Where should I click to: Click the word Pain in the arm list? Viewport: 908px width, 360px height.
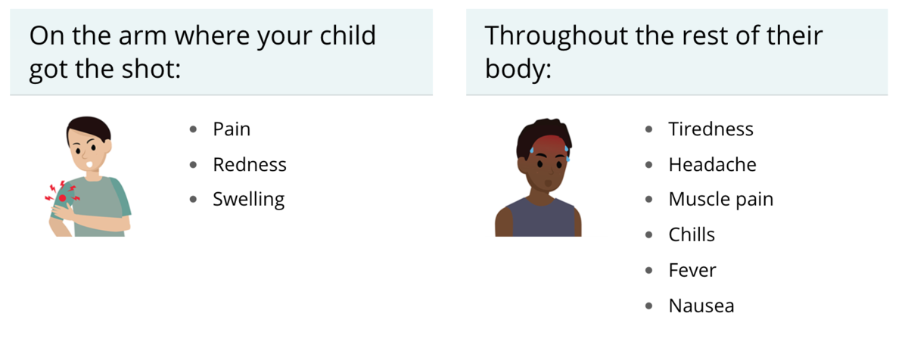[x=232, y=129]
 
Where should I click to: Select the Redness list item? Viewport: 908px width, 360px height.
[x=250, y=164]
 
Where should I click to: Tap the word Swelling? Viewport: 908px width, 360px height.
[x=248, y=200]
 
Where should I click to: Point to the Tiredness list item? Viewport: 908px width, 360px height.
[x=711, y=129]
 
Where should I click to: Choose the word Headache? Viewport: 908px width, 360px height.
[x=712, y=164]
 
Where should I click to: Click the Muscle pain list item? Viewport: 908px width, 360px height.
[x=720, y=200]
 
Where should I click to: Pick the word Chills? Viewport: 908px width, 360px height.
[x=692, y=234]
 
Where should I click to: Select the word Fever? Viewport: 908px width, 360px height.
[x=692, y=270]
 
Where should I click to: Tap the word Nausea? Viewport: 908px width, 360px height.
[x=701, y=306]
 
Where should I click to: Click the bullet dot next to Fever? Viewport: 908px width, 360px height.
[x=648, y=270]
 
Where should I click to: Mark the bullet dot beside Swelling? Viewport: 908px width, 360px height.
[x=193, y=199]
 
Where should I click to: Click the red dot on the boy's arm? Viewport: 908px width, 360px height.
[x=62, y=198]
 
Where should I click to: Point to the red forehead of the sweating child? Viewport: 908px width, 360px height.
[x=547, y=146]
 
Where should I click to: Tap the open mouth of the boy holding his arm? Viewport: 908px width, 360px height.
[x=90, y=165]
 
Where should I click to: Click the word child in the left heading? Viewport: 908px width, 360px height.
[x=348, y=35]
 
